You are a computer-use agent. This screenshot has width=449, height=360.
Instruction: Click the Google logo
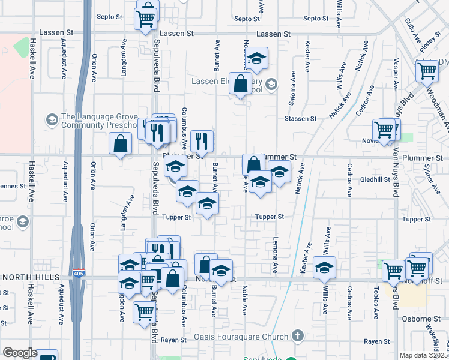[19, 353]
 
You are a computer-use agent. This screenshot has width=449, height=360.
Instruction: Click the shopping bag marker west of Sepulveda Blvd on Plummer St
[121, 143]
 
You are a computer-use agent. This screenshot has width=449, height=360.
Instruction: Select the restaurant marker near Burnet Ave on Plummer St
[202, 142]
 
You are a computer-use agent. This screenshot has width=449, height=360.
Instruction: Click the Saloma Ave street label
[293, 89]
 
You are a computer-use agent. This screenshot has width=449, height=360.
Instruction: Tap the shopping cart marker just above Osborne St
[144, 312]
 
